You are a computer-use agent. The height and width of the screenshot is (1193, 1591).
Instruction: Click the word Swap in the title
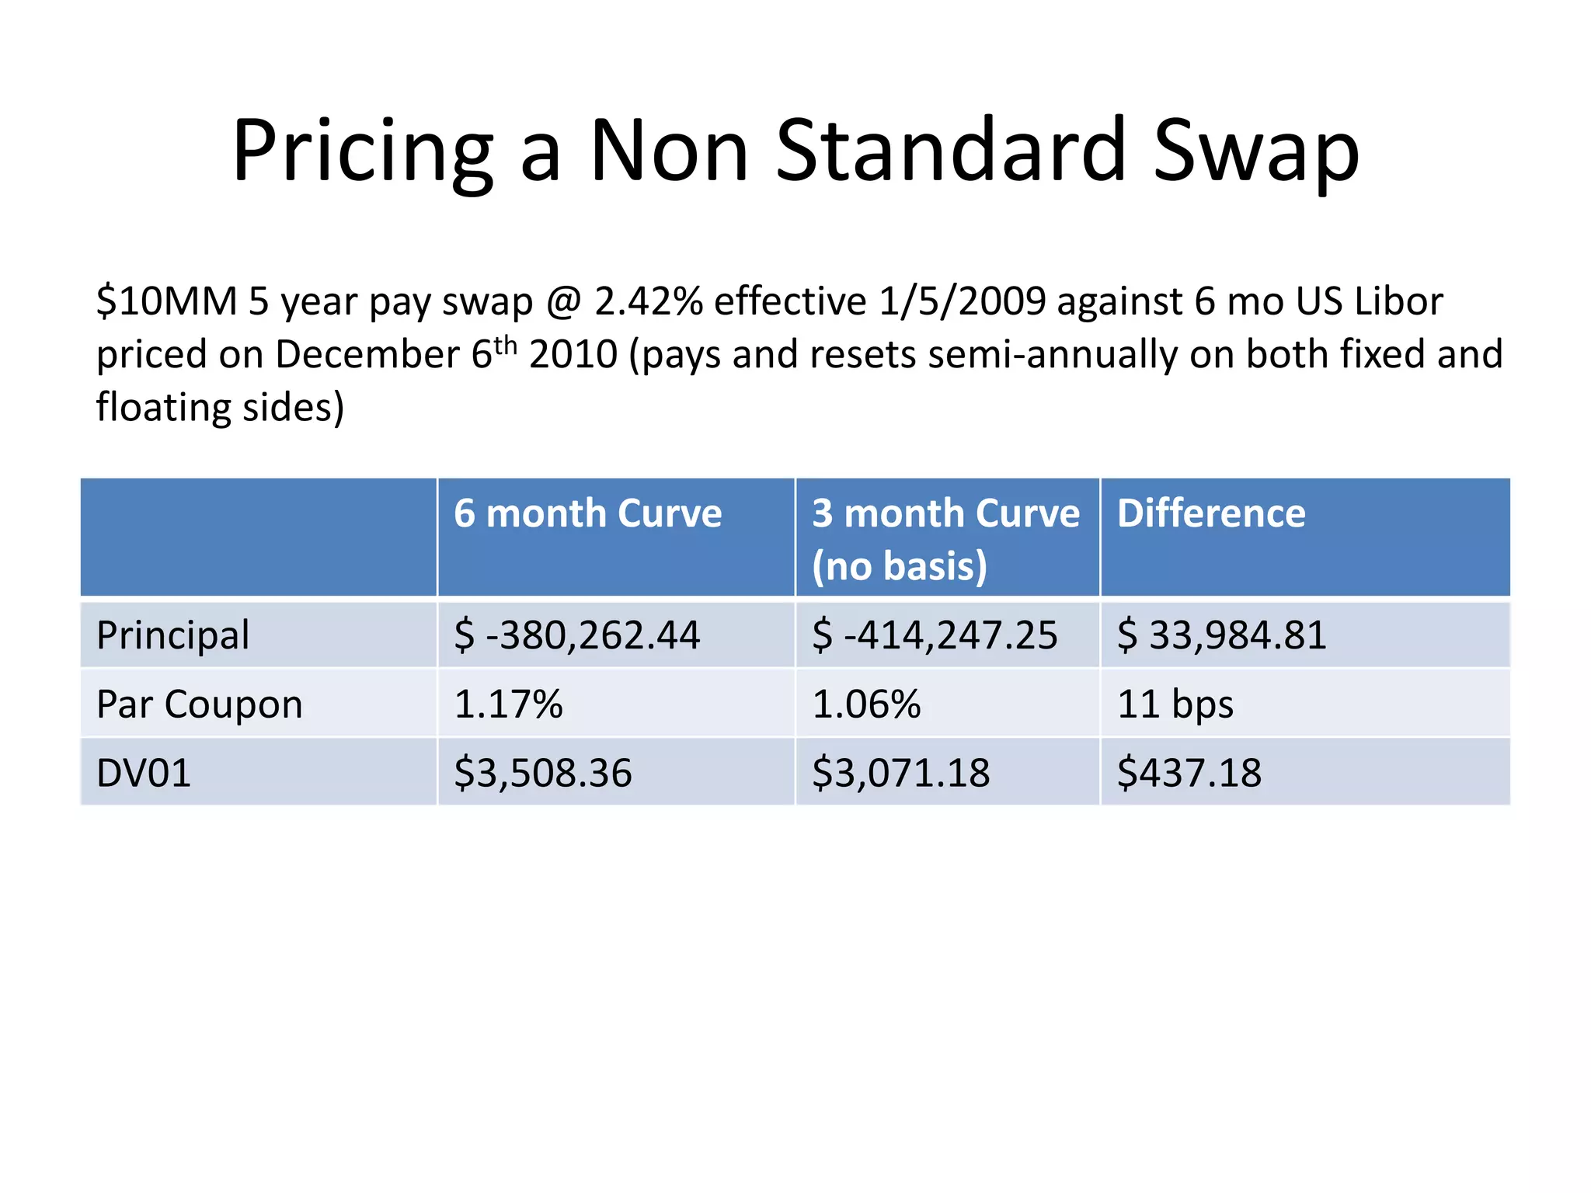coord(1255,152)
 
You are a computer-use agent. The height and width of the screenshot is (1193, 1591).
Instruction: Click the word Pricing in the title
coord(362,152)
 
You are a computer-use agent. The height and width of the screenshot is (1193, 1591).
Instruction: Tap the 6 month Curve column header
coord(587,514)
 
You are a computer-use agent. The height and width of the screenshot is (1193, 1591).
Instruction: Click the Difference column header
coord(1210,514)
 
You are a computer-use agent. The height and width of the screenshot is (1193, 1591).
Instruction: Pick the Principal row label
coord(172,635)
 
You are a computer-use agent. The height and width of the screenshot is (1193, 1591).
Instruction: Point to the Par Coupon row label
coord(199,704)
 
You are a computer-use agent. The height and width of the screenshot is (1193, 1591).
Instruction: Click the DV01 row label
coord(144,774)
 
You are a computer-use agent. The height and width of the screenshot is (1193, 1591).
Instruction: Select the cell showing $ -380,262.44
coord(576,635)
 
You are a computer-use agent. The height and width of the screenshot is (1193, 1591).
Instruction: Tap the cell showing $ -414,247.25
coord(934,635)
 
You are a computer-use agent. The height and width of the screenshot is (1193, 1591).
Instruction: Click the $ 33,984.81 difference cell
coord(1221,635)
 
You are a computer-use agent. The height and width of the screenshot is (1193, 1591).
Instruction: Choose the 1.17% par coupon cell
coord(508,704)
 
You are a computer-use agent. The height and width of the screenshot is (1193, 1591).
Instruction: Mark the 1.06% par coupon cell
coord(865,704)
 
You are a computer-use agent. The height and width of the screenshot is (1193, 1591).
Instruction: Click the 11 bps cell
coord(1175,704)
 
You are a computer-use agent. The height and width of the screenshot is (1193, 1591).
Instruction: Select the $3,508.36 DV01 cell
coord(542,774)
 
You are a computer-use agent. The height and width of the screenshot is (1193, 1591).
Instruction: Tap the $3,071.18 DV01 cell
coord(900,774)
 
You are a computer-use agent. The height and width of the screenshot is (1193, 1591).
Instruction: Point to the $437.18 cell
coord(1189,774)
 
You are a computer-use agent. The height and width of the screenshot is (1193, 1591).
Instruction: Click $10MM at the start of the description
coord(166,301)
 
